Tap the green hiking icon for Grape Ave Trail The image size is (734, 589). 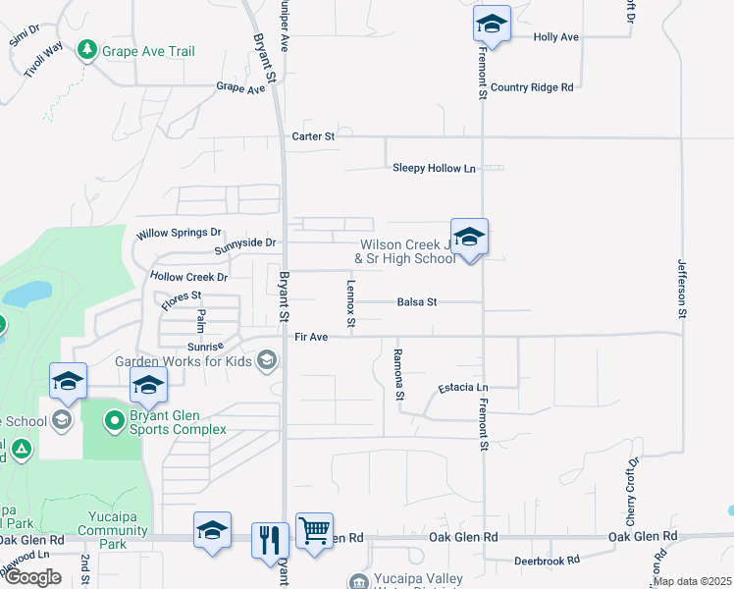tap(87, 49)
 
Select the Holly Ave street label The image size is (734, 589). tap(555, 37)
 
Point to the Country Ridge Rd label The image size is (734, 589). tap(532, 87)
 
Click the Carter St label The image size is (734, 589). tap(313, 136)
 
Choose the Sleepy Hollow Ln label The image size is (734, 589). tap(434, 168)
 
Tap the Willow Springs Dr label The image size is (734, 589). tap(180, 234)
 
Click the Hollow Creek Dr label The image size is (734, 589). tap(188, 278)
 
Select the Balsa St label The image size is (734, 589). tap(417, 302)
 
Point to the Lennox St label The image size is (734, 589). tap(350, 302)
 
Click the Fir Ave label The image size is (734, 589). tap(310, 337)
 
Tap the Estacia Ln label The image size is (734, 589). tap(462, 388)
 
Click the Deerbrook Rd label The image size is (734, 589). tap(547, 562)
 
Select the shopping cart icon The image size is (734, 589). tap(314, 531)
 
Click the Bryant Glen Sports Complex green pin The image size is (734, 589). tap(115, 422)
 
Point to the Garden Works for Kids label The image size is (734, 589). tap(184, 360)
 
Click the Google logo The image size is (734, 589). tap(31, 577)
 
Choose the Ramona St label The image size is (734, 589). tap(399, 376)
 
